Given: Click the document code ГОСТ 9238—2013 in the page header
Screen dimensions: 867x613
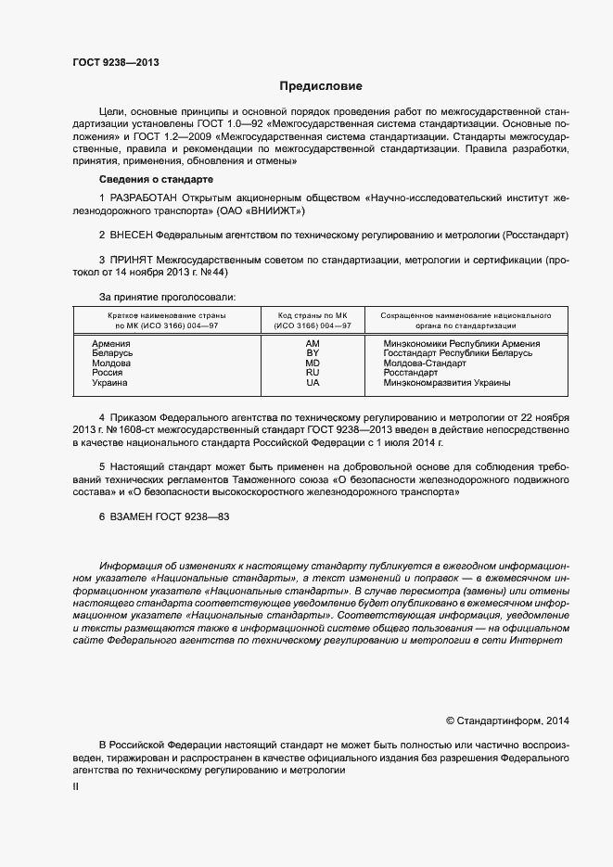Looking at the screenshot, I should (116, 63).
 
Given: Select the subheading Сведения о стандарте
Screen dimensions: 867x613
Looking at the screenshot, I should (156, 178).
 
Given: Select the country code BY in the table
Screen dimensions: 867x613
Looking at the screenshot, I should (313, 353).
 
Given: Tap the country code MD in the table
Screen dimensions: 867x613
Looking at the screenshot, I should (313, 363).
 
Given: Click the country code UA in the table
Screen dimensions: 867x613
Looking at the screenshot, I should (313, 382).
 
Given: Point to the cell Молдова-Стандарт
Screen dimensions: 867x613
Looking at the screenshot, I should (425, 363).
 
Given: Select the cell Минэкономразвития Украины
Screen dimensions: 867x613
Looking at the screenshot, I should (447, 382).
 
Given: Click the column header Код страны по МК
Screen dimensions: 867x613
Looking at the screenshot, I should (313, 315).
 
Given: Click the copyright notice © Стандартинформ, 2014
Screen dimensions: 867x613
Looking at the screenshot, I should (507, 720).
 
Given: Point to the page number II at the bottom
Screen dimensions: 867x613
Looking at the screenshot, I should (76, 787).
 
